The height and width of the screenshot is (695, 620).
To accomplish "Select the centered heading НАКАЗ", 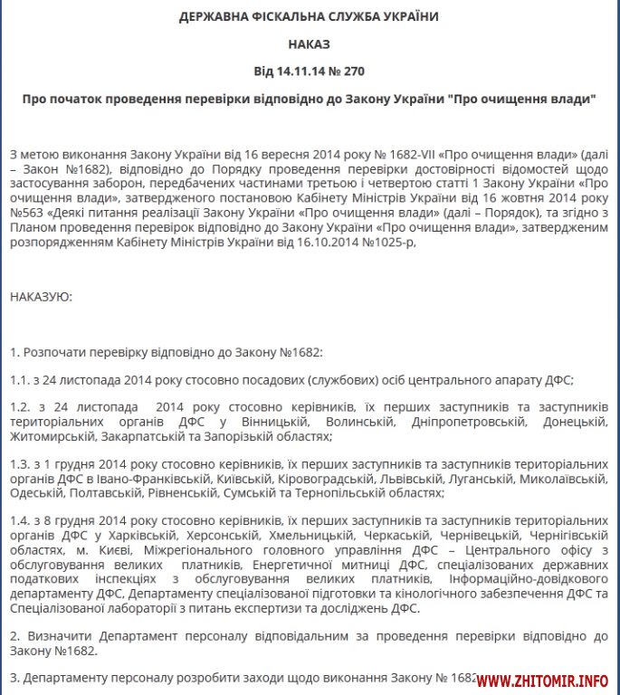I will (x=310, y=43).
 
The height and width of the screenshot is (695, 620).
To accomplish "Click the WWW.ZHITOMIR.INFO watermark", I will (x=542, y=680).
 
